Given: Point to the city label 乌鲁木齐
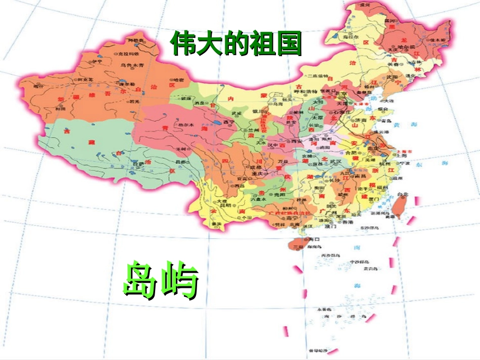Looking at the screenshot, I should tap(132, 65).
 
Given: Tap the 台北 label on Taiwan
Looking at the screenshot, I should tap(402, 194).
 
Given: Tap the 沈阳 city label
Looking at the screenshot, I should tap(392, 77).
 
